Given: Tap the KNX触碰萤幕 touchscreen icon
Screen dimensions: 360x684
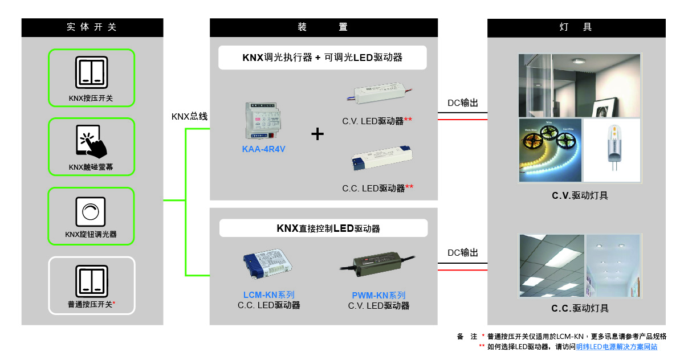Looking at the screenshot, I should [91, 141].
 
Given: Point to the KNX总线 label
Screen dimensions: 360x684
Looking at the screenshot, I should [189, 117].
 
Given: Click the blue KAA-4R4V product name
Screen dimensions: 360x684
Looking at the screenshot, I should [263, 149].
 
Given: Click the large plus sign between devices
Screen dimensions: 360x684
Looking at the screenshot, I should [317, 134].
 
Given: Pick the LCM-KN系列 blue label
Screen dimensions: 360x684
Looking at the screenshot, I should [268, 295].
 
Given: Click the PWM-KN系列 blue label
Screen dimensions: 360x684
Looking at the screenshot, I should [378, 296].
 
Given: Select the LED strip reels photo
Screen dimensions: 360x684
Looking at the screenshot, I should [550, 150].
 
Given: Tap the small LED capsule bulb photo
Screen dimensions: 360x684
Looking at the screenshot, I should [612, 150].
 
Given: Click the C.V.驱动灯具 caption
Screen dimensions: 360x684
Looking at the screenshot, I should [580, 195].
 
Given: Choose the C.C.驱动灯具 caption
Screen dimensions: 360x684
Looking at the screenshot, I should [580, 308].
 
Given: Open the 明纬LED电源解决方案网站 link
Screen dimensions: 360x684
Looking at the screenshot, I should [616, 346].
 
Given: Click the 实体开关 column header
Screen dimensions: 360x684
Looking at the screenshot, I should [92, 27].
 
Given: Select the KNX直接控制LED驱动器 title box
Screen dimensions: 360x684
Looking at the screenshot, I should [323, 228].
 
